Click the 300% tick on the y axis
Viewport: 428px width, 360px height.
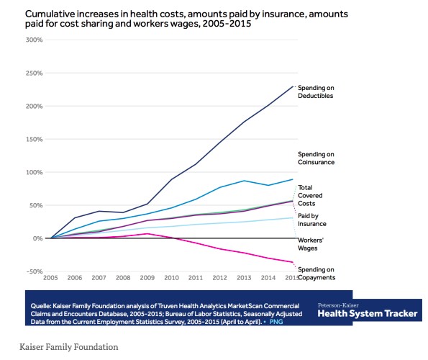pos(34,40)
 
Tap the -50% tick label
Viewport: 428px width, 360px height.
pos(34,271)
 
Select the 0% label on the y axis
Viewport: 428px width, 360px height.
pos(37,238)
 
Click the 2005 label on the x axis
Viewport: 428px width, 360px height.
pos(50,277)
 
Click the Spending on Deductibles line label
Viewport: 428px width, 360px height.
pos(317,91)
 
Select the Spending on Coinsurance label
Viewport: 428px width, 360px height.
pos(317,158)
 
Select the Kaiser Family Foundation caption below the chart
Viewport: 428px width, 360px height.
pos(68,346)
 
